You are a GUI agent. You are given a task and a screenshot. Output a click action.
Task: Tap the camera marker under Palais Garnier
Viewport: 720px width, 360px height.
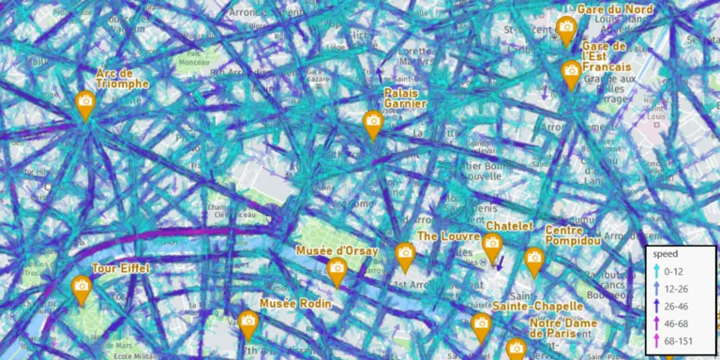373,122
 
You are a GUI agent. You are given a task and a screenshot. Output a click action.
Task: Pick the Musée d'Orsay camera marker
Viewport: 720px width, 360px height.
337,269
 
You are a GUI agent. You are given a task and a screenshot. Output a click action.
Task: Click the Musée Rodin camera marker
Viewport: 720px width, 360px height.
247,322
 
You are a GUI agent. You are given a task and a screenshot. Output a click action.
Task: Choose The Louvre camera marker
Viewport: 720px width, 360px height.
405,253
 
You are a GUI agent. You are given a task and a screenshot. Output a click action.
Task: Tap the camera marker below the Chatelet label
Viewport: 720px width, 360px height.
492,245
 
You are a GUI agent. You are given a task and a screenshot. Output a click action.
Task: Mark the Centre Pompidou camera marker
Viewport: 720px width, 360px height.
534,259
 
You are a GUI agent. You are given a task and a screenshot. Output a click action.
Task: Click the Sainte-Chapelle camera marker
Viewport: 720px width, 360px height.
482,324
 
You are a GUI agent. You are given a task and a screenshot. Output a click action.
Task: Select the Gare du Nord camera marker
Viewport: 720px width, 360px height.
565,28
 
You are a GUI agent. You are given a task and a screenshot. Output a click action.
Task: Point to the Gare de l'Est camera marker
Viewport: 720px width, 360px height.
571,71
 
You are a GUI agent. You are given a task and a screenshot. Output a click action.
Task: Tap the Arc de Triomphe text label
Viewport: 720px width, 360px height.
123,78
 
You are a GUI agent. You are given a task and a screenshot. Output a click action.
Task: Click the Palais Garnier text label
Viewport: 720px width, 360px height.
406,98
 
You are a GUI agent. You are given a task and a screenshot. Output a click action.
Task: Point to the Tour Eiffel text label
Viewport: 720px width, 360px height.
121,269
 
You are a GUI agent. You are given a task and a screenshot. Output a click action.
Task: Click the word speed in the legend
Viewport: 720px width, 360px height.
666,254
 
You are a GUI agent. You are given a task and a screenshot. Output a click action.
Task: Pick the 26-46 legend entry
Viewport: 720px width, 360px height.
675,306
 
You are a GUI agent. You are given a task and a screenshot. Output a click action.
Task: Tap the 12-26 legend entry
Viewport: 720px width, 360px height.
675,288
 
